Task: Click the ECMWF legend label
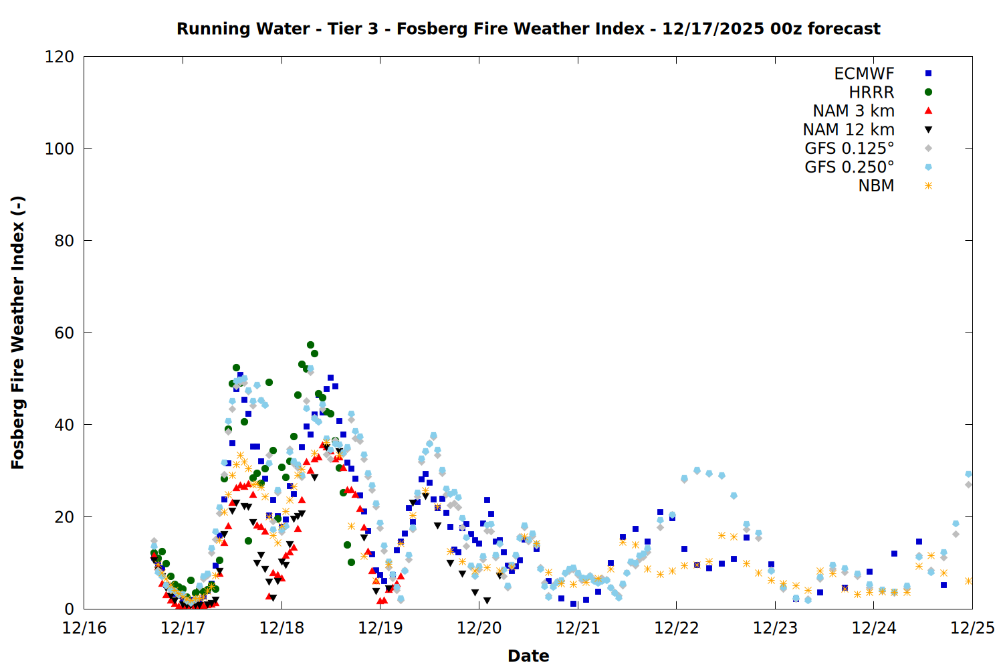864,74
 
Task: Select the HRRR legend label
871,92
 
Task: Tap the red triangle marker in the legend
928,111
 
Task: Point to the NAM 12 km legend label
849,130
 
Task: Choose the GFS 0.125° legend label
849,149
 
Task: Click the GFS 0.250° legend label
849,167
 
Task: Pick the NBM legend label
876,186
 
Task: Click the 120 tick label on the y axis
60,57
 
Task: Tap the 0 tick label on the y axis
69,609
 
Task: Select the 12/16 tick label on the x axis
84,628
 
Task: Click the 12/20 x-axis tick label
479,628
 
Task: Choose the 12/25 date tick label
972,628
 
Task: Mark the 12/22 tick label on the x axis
676,628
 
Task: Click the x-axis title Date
528,656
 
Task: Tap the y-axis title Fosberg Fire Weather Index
18,332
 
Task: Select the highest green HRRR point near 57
310,345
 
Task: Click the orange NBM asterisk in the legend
928,186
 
